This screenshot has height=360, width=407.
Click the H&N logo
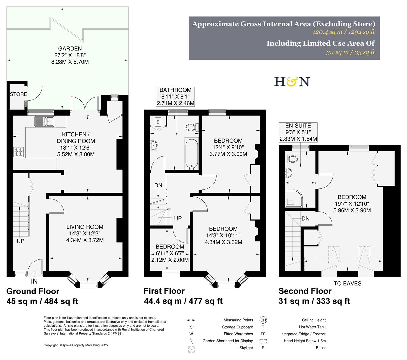click(x=292, y=82)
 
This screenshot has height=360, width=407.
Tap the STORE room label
click(x=18, y=94)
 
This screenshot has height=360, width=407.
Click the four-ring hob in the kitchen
click(x=18, y=152)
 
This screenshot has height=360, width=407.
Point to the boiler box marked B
click(x=158, y=122)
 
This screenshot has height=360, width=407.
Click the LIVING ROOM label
click(x=84, y=227)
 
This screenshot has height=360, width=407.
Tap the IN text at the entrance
click(x=34, y=281)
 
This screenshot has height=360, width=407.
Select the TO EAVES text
click(x=348, y=283)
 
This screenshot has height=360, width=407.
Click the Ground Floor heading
click(x=33, y=291)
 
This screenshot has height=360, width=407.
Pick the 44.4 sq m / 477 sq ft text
click(x=183, y=301)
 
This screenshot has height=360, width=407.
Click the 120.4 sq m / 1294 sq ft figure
click(x=344, y=32)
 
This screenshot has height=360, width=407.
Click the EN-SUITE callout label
click(x=298, y=126)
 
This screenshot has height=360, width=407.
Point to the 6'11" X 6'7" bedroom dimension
click(x=170, y=253)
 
